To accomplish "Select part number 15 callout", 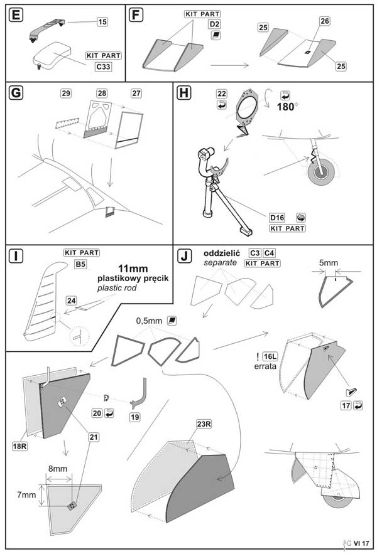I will (102, 22).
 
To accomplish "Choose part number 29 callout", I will (66, 93).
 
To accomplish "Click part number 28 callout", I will (102, 93).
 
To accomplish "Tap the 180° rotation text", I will (290, 106).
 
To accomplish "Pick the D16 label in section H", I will (277, 217).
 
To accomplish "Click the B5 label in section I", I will (80, 264).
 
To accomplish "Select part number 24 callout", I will (72, 301).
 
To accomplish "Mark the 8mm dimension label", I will (58, 469).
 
